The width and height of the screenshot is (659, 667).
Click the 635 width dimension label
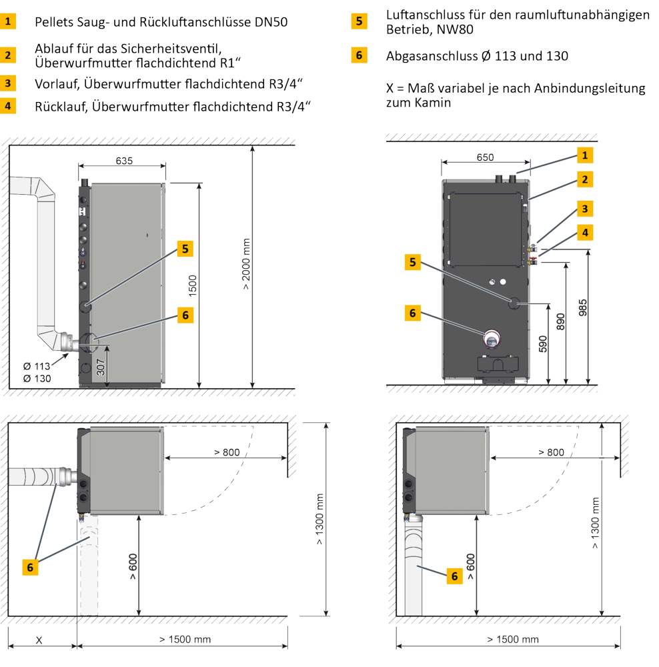124,161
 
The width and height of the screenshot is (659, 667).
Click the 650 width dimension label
485,157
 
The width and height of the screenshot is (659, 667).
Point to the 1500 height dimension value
193,286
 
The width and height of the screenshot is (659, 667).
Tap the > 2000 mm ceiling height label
246,264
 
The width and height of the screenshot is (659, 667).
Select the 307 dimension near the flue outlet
101,368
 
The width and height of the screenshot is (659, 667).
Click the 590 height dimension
543,344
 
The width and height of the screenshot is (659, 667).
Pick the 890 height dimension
561,322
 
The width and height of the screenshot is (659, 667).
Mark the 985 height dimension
583,307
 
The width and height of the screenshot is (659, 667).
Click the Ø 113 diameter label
37,366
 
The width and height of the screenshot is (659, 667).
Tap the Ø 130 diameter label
37,379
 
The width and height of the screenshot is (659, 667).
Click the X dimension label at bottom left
39,640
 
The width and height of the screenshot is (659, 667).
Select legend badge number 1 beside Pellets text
8,21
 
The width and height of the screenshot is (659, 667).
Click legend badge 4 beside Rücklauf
8,106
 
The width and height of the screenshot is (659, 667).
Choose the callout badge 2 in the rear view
585,179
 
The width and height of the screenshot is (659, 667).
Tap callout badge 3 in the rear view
585,209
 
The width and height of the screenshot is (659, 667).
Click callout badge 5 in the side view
185,249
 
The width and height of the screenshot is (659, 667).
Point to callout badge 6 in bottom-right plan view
454,576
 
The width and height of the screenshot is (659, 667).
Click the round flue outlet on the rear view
492,339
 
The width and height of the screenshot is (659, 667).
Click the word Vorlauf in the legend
57,84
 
